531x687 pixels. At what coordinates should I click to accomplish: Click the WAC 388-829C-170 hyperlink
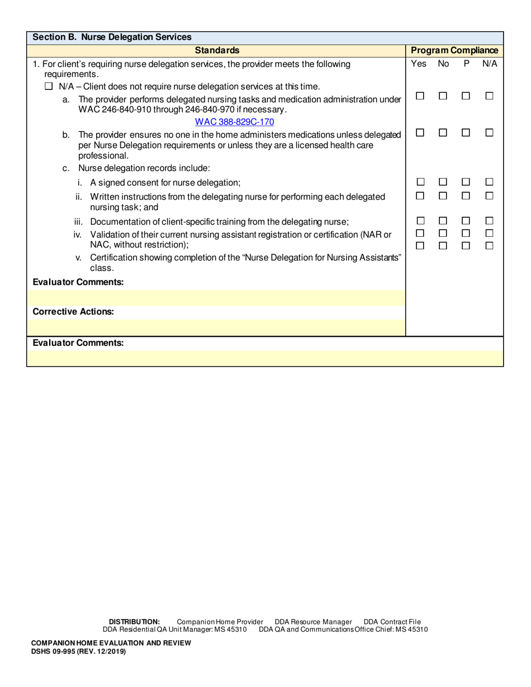234,122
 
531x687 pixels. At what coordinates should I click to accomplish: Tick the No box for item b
443,133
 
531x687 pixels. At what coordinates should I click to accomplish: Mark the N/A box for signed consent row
489,182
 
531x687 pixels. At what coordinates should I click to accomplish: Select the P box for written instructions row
466,195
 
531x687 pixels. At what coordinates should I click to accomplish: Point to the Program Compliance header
454,51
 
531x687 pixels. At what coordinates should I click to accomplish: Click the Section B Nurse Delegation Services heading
112,37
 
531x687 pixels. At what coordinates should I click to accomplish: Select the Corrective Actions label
73,312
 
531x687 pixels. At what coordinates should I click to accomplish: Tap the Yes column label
419,64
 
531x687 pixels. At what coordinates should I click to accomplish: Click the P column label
466,64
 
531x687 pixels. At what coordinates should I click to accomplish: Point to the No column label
443,64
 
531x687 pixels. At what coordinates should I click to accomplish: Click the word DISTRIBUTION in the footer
134,622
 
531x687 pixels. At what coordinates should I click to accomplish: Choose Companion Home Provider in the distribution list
220,622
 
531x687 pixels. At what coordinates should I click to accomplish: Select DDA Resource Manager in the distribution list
313,622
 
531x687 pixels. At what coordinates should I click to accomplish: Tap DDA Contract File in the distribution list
392,622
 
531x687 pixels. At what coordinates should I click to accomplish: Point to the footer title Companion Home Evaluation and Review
111,643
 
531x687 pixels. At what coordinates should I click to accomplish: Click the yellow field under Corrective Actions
216,327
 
